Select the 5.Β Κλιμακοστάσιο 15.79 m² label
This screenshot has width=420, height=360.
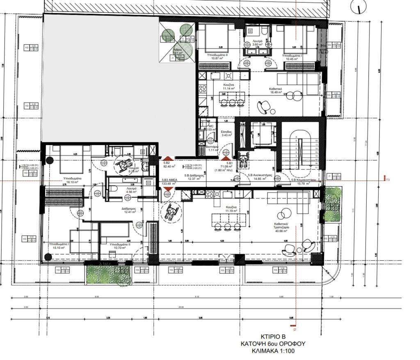(x=304, y=181)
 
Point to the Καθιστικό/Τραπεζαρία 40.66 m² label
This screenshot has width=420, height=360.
(x=287, y=228)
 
